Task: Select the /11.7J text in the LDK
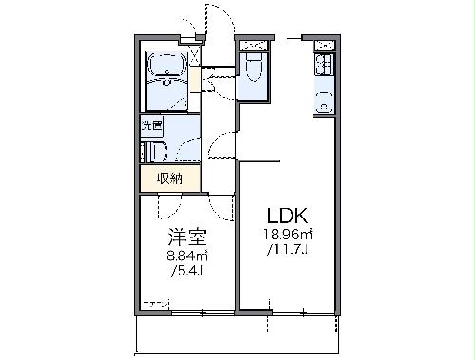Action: click(285, 250)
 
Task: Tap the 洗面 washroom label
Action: click(152, 124)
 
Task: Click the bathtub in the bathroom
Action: click(167, 66)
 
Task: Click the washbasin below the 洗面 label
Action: click(153, 150)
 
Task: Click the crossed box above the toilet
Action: click(254, 44)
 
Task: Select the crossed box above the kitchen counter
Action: click(324, 44)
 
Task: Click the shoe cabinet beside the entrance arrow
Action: click(194, 78)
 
